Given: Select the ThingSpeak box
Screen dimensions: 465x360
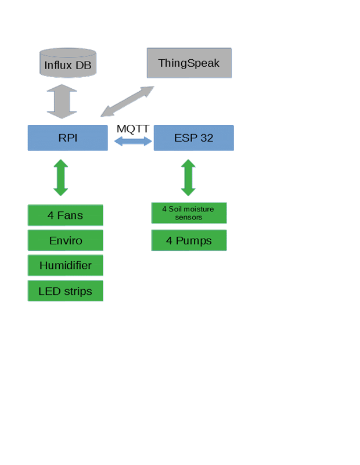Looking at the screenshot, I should [189, 63].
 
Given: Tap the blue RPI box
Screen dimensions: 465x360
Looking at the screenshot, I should [67, 138].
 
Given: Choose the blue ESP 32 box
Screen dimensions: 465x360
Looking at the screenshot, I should [193, 138].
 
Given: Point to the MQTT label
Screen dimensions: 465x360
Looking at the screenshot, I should [133, 128].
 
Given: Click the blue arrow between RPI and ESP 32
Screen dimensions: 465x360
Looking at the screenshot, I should [132, 141].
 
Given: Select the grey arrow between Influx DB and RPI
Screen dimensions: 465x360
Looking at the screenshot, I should [62, 102].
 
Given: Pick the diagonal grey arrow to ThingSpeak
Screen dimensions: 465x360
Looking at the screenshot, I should [127, 101].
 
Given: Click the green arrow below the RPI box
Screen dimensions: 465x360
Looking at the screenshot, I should [61, 177].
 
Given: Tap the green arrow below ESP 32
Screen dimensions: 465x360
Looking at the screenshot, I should [188, 177].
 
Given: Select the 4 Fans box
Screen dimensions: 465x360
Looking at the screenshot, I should [65, 215].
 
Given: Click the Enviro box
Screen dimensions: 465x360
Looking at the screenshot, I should [65, 240].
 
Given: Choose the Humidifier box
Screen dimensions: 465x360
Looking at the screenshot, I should [65, 266].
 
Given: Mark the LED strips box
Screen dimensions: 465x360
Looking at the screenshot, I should [65, 291].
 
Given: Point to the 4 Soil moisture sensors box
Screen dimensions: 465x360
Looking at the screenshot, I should [189, 213].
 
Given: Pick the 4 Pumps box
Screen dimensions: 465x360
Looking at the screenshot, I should [189, 240].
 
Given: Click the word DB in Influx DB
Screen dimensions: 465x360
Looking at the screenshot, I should [83, 64].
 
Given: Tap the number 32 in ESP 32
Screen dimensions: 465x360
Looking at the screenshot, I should [206, 138].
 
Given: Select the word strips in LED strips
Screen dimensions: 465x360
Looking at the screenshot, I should [77, 291].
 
